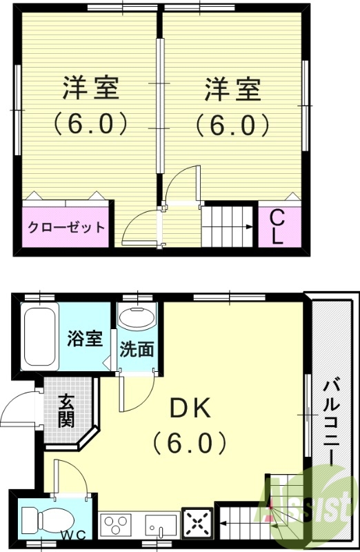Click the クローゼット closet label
(66, 227)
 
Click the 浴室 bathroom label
(85, 339)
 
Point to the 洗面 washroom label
(137, 350)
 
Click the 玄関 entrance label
(66, 410)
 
